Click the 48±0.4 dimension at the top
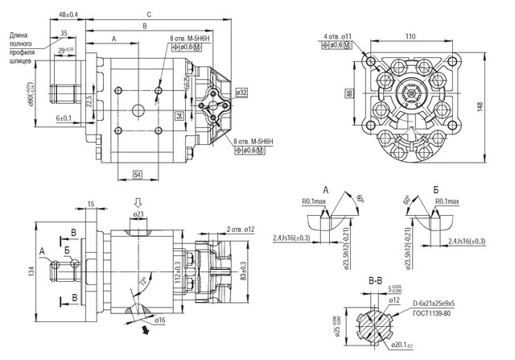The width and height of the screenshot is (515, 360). tap(68, 14)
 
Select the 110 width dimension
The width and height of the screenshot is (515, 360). tap(410, 37)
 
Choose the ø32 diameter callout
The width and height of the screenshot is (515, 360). tap(242, 93)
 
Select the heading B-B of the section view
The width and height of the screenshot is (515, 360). tap(375, 282)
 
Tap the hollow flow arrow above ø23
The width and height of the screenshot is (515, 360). tap(138, 202)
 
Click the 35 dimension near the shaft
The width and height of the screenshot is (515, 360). tap(64, 32)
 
